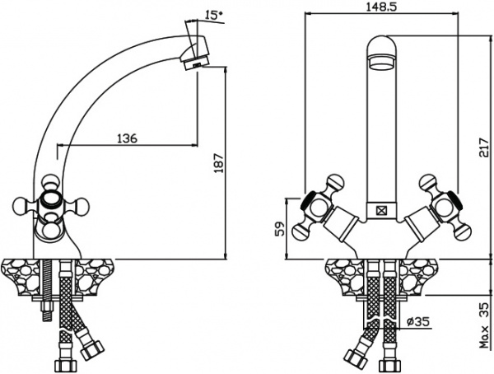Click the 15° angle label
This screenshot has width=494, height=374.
point(214,15)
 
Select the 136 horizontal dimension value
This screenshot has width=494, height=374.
point(128,138)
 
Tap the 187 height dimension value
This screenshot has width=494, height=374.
point(218,163)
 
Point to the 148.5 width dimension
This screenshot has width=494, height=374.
point(381,7)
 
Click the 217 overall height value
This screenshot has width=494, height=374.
point(483,147)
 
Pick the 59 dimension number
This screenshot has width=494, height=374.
point(279,229)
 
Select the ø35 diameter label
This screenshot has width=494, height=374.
point(418,321)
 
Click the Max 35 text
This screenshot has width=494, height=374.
point(484,325)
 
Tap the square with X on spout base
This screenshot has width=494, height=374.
point(382,210)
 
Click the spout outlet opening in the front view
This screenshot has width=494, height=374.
point(382,61)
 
